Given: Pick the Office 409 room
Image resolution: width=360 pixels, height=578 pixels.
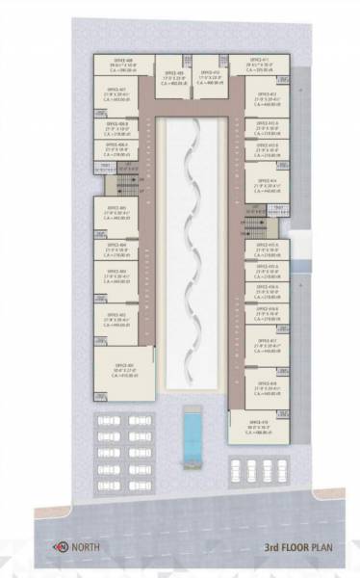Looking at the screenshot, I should click(x=173, y=79).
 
